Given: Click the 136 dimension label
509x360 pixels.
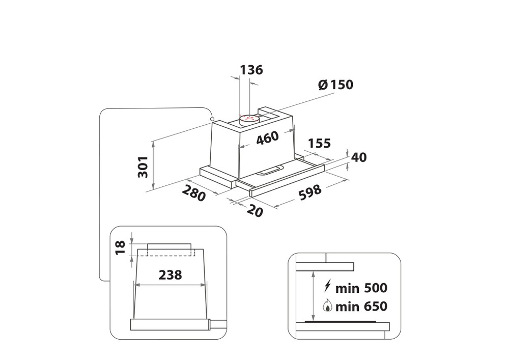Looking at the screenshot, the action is (x=251, y=70).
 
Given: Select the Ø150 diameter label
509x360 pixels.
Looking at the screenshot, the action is (x=335, y=85).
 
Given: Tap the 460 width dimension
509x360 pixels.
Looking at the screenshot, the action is (x=268, y=138).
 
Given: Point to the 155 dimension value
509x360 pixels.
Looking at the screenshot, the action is (x=319, y=143).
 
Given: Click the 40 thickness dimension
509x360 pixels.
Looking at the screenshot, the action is (x=359, y=157).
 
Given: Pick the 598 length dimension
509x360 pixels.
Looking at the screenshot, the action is (x=309, y=192).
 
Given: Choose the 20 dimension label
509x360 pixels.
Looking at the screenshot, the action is (x=254, y=211).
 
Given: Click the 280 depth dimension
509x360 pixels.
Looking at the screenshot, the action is (x=194, y=193).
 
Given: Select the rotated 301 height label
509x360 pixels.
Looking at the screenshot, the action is (x=143, y=167).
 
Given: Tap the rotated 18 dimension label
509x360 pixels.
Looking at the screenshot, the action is (x=121, y=247).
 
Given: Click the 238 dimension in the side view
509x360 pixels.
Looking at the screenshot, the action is (x=170, y=275).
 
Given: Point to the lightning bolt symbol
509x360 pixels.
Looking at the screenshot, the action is (x=327, y=287).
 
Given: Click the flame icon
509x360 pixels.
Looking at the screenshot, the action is (x=327, y=306).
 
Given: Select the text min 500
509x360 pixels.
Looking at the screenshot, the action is (x=361, y=288).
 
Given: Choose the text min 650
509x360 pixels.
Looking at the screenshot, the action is (x=361, y=306).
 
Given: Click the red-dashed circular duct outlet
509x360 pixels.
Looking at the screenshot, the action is (x=249, y=119).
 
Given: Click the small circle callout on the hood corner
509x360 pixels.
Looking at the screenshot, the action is (x=213, y=119).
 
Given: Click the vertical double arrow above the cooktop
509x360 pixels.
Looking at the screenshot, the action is (x=313, y=296).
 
